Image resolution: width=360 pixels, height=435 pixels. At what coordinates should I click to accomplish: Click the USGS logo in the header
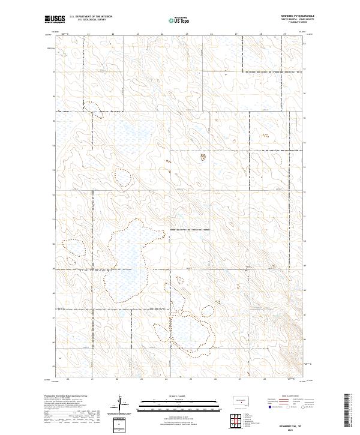point(55,19)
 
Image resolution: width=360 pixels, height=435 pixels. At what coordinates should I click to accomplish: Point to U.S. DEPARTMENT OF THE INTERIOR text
point(91,17)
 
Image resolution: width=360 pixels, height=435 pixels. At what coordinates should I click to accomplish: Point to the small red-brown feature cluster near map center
point(203,158)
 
